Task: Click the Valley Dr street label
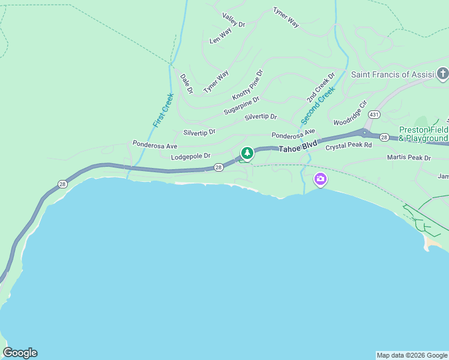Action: click(234, 20)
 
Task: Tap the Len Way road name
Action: click(220, 37)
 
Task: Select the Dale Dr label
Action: click(186, 84)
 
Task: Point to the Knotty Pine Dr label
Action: click(247, 85)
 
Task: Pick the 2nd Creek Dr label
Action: click(321, 88)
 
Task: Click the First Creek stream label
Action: click(163, 110)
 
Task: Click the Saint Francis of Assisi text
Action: click(392, 74)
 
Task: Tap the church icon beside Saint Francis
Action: click(443, 74)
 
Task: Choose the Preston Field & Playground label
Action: click(424, 134)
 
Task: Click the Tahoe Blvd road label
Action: click(297, 146)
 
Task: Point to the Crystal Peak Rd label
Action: click(349, 146)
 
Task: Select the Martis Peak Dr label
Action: click(409, 158)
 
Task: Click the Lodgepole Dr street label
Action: click(191, 156)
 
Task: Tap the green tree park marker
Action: click(247, 153)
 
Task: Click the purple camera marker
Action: click(321, 178)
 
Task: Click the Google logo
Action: click(20, 353)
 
